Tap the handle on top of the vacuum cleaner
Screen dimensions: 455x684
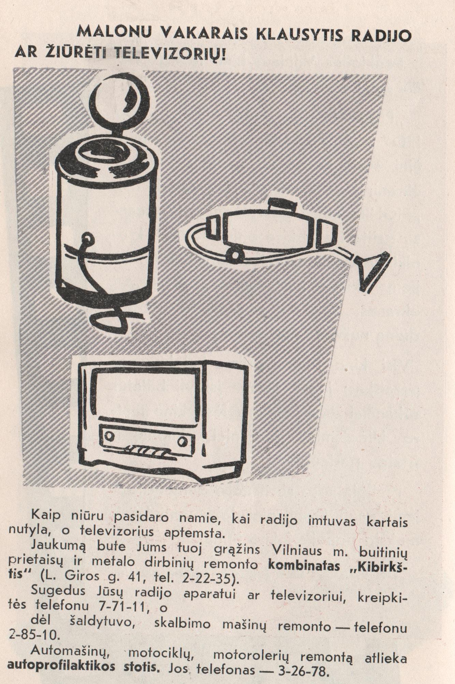coord(282,204)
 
